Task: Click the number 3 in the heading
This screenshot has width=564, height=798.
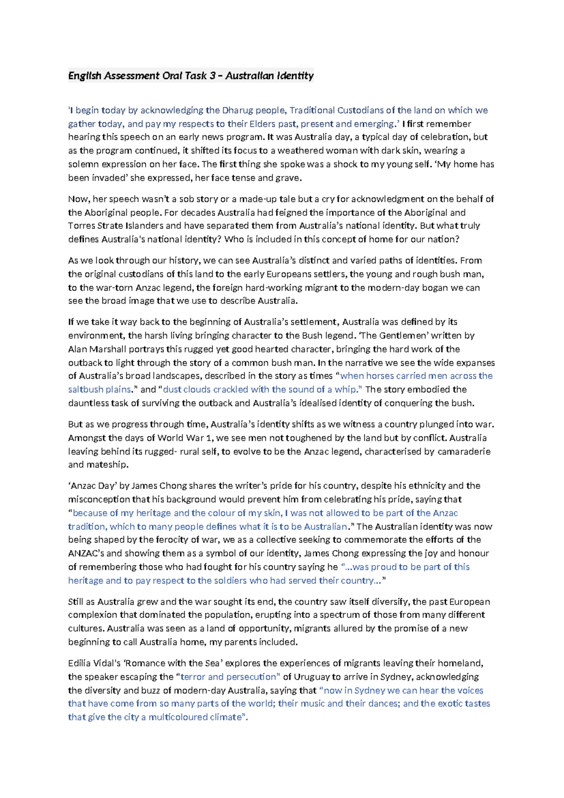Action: (x=210, y=76)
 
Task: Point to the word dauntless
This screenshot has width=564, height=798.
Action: (x=87, y=403)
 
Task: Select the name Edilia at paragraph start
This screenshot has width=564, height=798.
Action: (x=80, y=664)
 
